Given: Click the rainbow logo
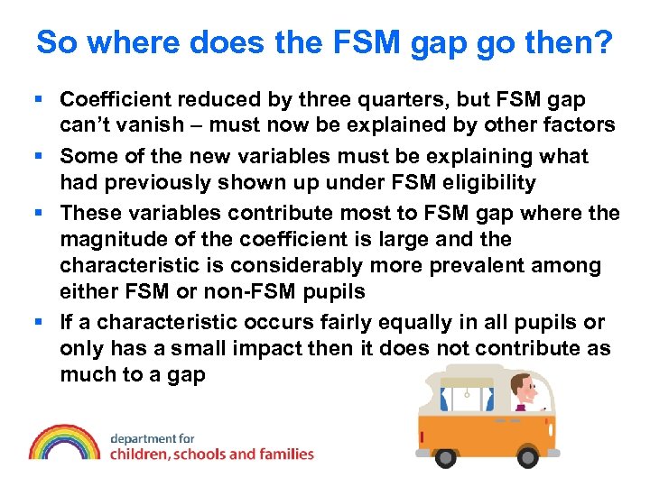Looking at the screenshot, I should (x=64, y=442).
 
